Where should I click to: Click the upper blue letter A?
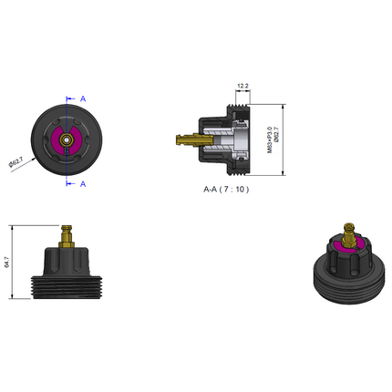click(x=83, y=97)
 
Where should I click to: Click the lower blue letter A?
click(x=83, y=183)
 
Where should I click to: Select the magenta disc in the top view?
click(x=65, y=134)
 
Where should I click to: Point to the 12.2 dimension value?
click(x=242, y=86)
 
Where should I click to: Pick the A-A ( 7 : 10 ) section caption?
click(x=226, y=190)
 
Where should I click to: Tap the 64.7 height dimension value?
click(x=6, y=263)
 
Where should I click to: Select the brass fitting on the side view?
click(x=65, y=236)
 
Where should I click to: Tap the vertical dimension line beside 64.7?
click(x=13, y=262)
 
